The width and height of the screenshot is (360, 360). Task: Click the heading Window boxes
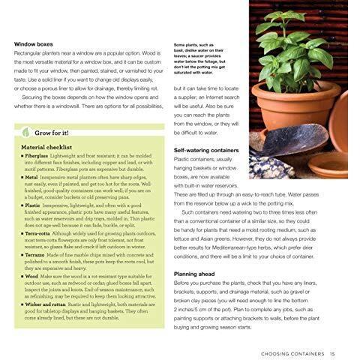point(37,44)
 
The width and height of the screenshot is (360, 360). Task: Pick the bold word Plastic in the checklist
point(36,204)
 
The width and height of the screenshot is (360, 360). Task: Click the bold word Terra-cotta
point(42,232)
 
